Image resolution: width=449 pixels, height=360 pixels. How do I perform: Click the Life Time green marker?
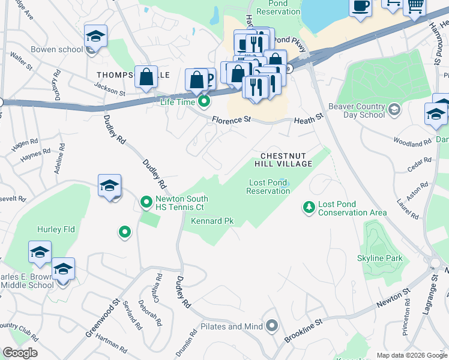pos(204,101)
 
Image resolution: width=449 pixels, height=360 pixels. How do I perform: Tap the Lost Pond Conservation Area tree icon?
pos(309,208)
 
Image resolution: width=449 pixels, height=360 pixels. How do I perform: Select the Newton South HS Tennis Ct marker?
pos(146,202)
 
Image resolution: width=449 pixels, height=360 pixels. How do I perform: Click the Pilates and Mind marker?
pos(272,326)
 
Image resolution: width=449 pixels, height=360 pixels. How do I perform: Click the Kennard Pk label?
pos(212,221)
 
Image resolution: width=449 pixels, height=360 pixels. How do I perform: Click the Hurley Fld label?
pos(56,229)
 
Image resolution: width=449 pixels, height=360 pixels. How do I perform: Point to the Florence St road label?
pos(231,120)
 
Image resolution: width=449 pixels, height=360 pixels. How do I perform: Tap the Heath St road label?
pos(309,121)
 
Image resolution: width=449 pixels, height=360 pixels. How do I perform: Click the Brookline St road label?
pos(303,331)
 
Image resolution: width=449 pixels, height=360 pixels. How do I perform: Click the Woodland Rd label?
pos(412,143)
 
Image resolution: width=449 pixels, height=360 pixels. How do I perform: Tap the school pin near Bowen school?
pos(95,38)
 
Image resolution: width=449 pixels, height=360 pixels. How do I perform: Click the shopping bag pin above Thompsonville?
pos(146,77)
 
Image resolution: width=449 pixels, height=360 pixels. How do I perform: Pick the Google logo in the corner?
pos(20,353)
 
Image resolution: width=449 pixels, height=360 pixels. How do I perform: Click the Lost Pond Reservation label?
pos(268,187)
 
